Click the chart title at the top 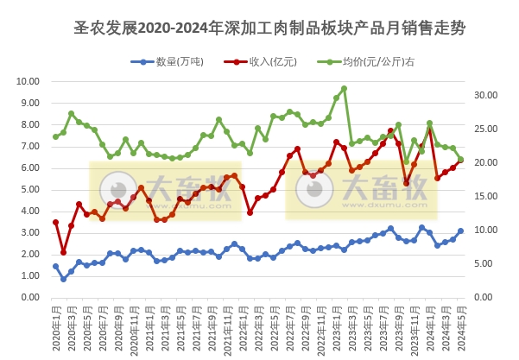270,28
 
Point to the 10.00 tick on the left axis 28,81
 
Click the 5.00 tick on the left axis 28,189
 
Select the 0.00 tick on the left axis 28,297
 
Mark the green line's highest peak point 344,88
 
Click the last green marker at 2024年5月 460,160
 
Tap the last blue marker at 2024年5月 460,231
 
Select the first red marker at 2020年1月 55,222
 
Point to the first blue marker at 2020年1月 55,266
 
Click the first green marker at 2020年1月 55,136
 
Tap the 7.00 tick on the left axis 28,146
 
